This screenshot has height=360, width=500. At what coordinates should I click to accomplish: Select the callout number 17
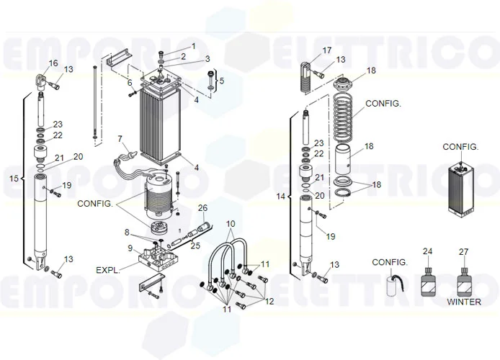coord(327,50)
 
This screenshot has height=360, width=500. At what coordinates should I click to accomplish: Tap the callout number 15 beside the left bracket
coord(13,178)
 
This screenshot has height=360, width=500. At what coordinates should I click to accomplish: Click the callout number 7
coord(120,138)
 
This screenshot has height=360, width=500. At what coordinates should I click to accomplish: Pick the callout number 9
coord(130,248)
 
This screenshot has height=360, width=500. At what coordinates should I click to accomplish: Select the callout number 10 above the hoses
coord(230,224)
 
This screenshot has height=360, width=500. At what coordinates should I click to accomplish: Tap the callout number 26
coord(202,208)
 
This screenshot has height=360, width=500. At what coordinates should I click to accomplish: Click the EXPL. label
coord(110,270)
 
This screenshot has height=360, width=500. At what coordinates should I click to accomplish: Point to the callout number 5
coord(222,81)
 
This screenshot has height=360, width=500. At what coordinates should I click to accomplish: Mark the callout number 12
coord(269,300)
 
